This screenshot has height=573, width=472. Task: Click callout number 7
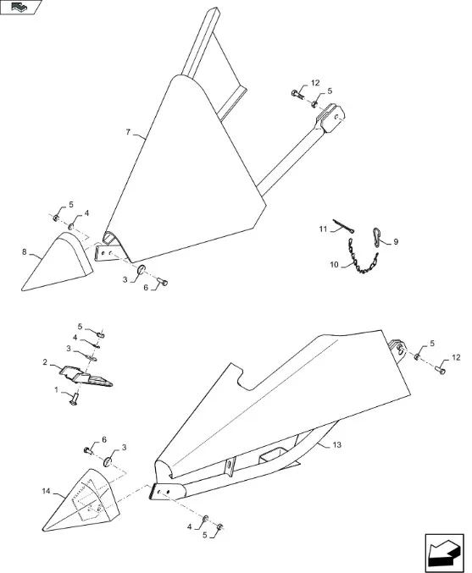pos(128,132)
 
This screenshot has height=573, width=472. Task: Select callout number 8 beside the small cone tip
pos(24,251)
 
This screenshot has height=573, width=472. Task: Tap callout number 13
pos(337,444)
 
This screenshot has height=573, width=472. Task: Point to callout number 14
pos(46,491)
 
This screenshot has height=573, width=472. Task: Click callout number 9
pos(396,242)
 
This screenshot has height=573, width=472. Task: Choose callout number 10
pos(335,265)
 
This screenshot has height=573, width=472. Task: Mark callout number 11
pos(323,229)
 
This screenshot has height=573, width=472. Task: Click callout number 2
pos(45,362)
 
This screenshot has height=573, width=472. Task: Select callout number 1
pos(56,390)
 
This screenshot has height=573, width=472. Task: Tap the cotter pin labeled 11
pos(343,225)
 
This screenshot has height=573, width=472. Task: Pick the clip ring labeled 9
pos(377,235)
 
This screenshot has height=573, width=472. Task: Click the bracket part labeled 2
pos(86,377)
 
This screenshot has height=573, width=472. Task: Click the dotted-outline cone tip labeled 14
pos(81,501)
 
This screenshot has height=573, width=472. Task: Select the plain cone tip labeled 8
pos(58,262)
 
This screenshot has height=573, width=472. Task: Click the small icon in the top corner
pos(19,7)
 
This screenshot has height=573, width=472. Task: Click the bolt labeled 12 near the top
pos(297,94)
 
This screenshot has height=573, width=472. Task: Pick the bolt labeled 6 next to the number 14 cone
pos(88,450)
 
